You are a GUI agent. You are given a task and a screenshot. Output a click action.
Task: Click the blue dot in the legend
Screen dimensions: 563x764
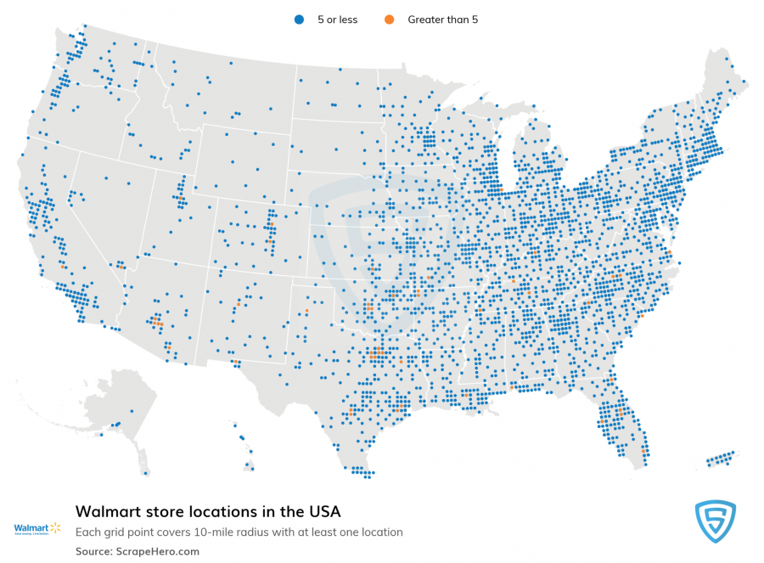click(298, 19)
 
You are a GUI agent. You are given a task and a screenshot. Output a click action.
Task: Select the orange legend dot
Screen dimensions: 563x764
click(389, 19)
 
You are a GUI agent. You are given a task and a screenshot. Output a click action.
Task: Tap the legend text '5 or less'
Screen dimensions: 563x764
click(336, 19)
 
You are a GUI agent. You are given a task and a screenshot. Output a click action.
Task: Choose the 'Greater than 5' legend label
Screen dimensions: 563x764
click(442, 19)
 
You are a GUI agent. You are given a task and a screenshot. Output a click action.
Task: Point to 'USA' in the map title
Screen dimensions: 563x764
click(322, 512)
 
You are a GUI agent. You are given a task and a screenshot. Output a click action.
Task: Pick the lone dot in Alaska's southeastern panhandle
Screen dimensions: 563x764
click(146, 473)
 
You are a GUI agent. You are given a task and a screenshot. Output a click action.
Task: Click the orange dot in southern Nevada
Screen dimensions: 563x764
click(120, 267)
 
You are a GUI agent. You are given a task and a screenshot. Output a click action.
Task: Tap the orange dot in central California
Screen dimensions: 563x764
click(62, 267)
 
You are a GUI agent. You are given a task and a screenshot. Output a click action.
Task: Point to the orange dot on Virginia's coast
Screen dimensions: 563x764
click(669, 252)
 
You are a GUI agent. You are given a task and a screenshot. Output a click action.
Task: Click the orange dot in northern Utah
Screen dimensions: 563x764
click(181, 199)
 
